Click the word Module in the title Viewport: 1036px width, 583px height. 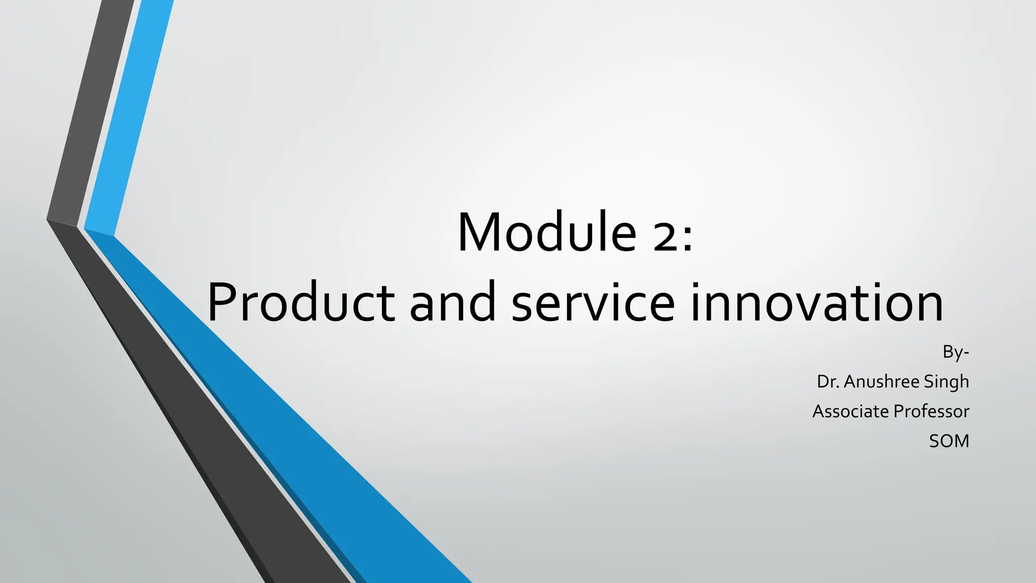coord(547,232)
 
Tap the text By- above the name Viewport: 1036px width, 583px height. coord(956,352)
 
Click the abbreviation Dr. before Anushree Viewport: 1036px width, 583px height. coord(828,382)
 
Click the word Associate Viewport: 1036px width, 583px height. coord(850,411)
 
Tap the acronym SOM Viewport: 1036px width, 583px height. coord(949,441)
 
